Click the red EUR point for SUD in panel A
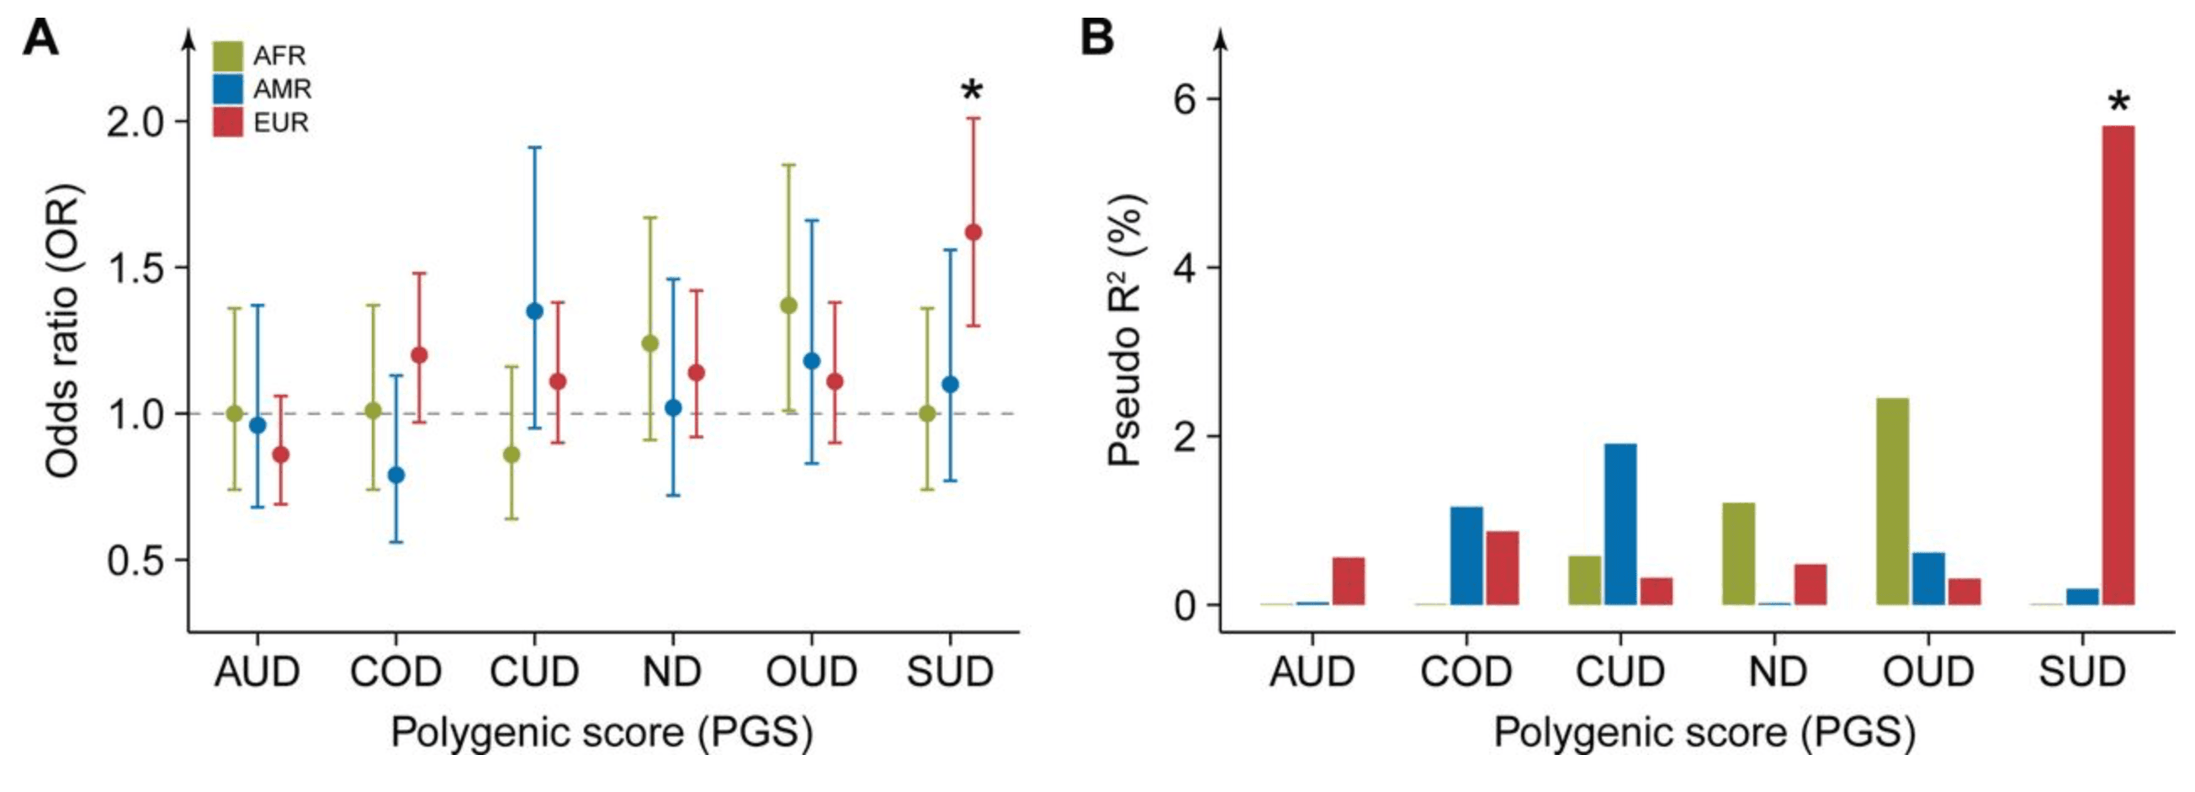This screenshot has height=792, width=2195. tap(973, 232)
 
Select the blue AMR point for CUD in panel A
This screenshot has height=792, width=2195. tap(534, 311)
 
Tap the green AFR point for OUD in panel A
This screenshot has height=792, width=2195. tap(789, 306)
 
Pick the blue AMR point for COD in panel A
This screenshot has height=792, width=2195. tap(396, 475)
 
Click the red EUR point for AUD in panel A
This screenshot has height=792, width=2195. tap(280, 454)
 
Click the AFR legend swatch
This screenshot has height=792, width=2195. tap(227, 56)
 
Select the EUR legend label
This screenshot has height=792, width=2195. tap(281, 123)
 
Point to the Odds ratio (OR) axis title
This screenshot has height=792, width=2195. tap(63, 332)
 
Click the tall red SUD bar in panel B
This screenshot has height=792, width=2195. tap(2118, 367)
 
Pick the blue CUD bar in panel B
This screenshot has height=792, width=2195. tap(1620, 524)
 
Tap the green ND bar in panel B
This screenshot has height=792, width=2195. tap(1739, 554)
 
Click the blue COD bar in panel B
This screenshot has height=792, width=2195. tap(1467, 555)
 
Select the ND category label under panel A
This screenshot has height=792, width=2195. tap(672, 672)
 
